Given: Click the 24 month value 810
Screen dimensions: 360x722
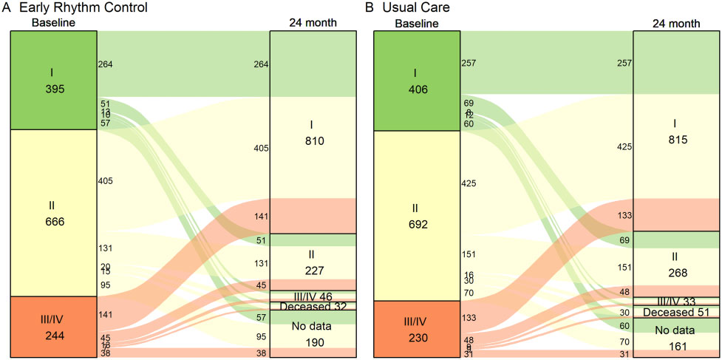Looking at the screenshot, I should tap(312, 140).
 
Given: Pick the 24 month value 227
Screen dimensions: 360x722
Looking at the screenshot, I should tap(312, 269).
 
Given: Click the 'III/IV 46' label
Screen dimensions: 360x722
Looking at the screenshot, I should tap(312, 296).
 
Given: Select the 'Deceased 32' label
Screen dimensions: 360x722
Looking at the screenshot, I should tap(312, 306).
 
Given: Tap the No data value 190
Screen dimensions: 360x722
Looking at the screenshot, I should tap(312, 343).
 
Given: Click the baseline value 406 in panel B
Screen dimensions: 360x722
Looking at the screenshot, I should tap(417, 89).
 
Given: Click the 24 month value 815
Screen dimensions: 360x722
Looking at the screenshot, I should tap(675, 140).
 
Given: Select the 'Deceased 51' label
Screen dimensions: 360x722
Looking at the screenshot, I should tap(675, 312).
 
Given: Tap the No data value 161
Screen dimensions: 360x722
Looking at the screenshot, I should tap(675, 346).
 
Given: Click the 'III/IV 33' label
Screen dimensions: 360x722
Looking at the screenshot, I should tap(675, 301).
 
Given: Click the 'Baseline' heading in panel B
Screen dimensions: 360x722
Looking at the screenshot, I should tap(417, 24).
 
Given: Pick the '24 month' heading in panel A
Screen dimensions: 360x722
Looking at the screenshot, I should tap(313, 23).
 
